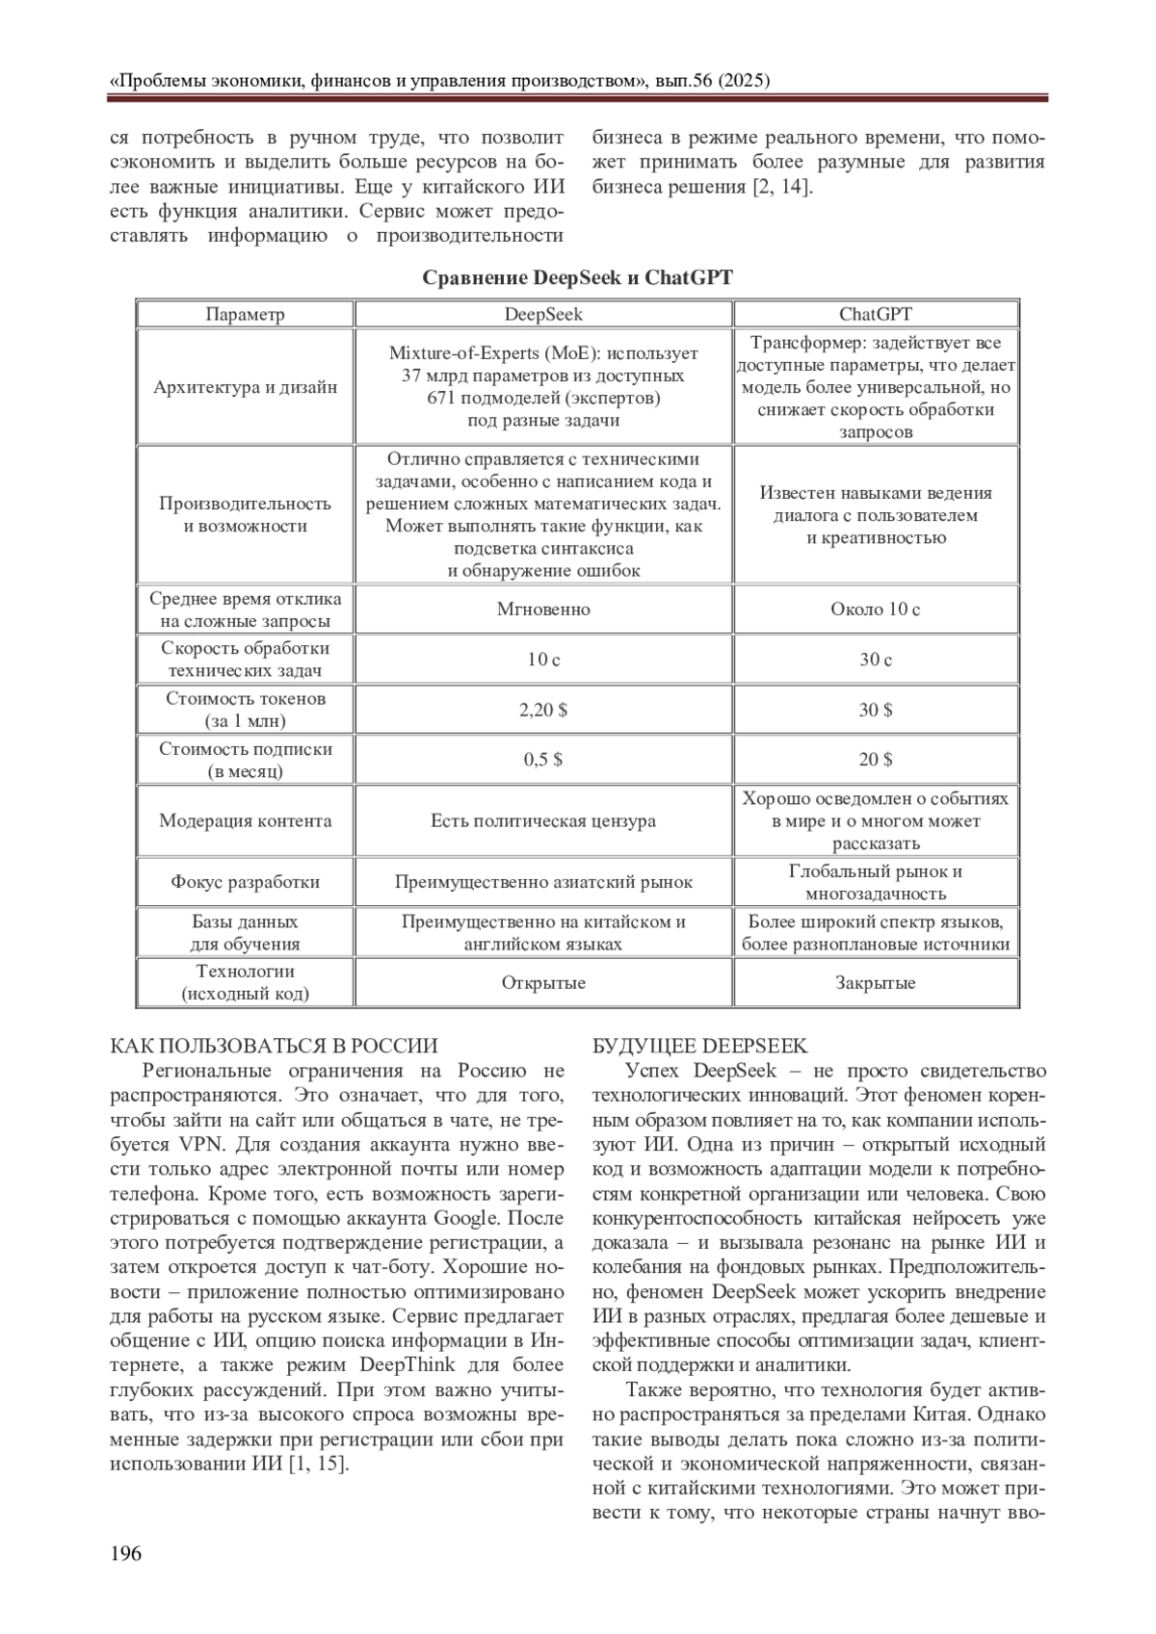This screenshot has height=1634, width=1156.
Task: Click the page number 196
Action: coord(126,1552)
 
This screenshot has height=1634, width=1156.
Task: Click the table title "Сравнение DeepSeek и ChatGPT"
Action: coord(577,278)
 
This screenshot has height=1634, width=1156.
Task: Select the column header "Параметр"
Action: coord(245,314)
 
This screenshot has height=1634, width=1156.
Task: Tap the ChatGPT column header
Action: coord(875,314)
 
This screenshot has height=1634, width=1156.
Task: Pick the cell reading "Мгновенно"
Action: coord(543,610)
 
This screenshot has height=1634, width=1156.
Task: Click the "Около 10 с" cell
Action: coord(875,610)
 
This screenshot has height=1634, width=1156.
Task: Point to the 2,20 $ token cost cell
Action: coord(543,710)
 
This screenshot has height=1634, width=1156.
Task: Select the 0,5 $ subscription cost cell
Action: coord(543,760)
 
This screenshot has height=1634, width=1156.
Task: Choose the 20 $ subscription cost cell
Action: coord(875,760)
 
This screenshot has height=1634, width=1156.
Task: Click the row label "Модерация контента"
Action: coord(245,821)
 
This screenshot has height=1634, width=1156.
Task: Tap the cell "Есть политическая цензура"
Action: coord(543,821)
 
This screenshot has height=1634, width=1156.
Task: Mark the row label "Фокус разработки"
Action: coord(245,882)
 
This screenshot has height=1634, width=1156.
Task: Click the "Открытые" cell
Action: coord(543,983)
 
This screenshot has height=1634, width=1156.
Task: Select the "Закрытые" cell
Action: coord(875,983)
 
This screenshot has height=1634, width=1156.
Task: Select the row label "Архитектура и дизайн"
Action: coord(245,387)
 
